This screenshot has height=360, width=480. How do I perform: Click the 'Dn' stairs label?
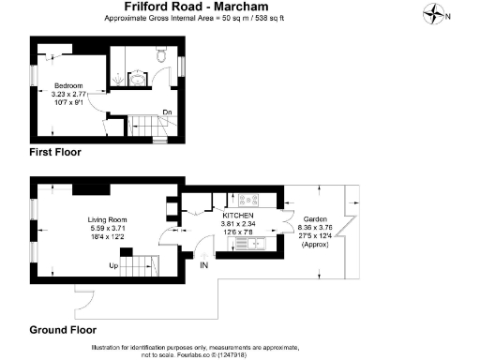[x=166, y=113]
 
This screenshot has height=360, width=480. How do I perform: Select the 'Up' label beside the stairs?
[x=114, y=265]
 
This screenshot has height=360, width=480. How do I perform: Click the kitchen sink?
[x=256, y=245]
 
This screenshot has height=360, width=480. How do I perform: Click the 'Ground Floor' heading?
[x=63, y=330]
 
